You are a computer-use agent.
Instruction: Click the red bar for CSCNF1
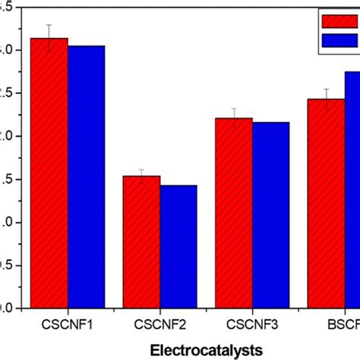[x=49, y=175]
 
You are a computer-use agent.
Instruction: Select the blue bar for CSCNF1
[x=86, y=178]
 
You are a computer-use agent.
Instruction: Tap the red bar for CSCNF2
[x=141, y=243]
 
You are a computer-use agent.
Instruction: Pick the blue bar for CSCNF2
[x=178, y=247]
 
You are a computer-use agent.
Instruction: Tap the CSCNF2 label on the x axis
[x=159, y=324]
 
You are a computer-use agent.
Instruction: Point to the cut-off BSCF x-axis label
[x=346, y=324]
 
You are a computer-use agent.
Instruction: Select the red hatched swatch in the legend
[x=339, y=21]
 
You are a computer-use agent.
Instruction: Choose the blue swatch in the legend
[x=339, y=39]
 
